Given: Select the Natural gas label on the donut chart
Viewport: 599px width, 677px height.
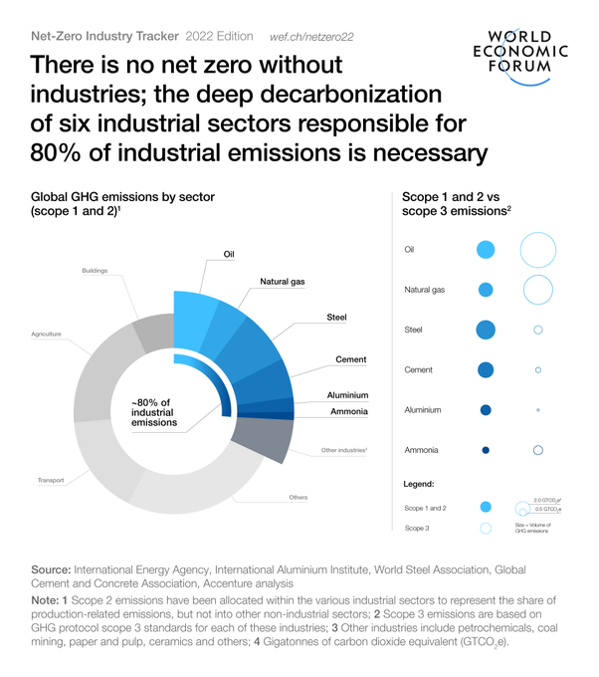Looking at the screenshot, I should click(x=283, y=282).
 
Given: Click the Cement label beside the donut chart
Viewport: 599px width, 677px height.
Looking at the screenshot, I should click(x=351, y=359).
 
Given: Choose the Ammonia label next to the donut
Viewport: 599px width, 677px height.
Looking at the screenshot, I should click(x=348, y=411).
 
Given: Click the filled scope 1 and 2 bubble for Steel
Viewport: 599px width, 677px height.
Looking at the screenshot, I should click(x=486, y=330).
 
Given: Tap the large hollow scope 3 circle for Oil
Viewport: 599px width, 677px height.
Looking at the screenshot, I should click(x=537, y=250).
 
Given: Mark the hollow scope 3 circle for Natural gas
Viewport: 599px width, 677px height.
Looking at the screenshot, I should click(x=537, y=290).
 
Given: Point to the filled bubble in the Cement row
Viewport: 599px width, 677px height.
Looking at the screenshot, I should click(x=486, y=369).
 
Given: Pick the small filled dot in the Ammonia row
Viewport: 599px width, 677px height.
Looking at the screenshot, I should click(x=486, y=450).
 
